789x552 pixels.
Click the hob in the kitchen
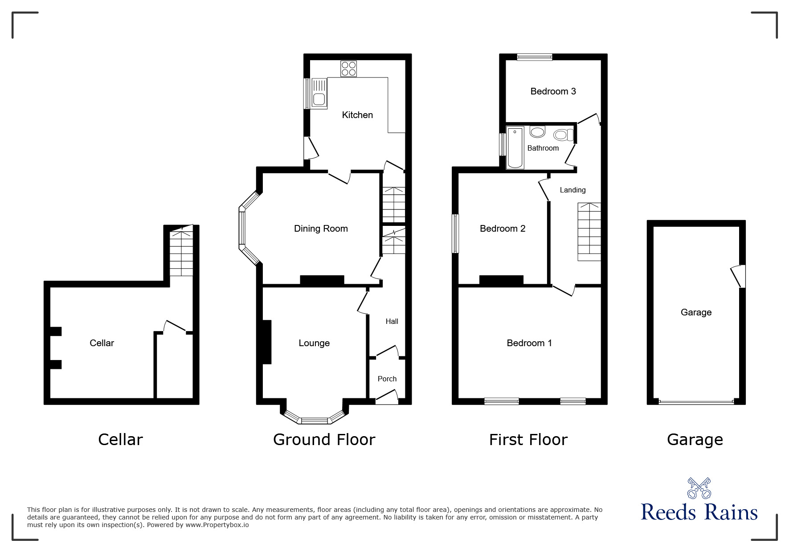click(348, 69)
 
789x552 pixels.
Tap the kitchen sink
click(319, 93)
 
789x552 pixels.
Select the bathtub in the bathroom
click(515, 148)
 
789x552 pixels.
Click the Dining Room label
click(321, 229)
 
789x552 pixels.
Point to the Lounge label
click(314, 343)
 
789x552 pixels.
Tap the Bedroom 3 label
click(553, 91)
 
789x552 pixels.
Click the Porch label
click(387, 379)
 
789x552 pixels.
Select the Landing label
click(572, 190)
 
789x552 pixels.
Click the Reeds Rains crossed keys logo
click(699, 488)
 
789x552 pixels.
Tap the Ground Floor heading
click(324, 440)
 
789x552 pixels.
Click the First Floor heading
click(528, 440)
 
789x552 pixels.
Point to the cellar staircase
click(181, 252)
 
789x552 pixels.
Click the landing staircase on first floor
click(589, 232)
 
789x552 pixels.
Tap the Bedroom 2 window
click(455, 233)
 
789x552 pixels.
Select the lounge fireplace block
click(267, 342)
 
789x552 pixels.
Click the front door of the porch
click(387, 397)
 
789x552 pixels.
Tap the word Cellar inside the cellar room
click(102, 343)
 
